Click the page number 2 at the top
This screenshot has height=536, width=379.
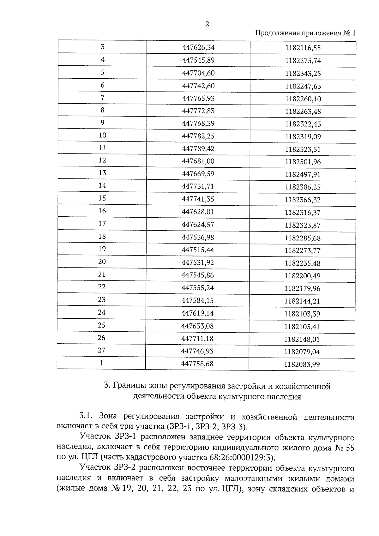coord(207,24)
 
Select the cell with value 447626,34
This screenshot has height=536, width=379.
coord(198,47)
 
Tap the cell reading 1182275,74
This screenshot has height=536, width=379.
coord(303,61)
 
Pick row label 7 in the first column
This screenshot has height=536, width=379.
coord(102,98)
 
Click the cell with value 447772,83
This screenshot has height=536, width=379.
coord(198,111)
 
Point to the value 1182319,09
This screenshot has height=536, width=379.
coord(303,137)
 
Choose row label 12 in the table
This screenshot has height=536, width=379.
coord(102,160)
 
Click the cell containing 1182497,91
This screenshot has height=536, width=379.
coord(303,175)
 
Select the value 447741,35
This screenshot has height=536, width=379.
coord(198,199)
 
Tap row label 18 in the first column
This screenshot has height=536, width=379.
coord(102,236)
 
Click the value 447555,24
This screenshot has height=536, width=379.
coord(198,287)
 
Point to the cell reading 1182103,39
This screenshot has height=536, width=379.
coord(302,314)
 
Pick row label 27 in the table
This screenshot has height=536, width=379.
coord(101,350)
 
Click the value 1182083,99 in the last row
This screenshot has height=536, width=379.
coord(302,364)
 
